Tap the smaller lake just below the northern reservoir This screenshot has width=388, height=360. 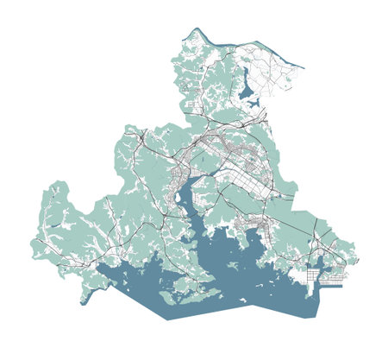pos(253,104)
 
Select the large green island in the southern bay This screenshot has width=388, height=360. pos(185,284)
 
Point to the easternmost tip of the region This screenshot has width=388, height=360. pos(359,259)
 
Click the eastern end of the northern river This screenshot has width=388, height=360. pos(304,66)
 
